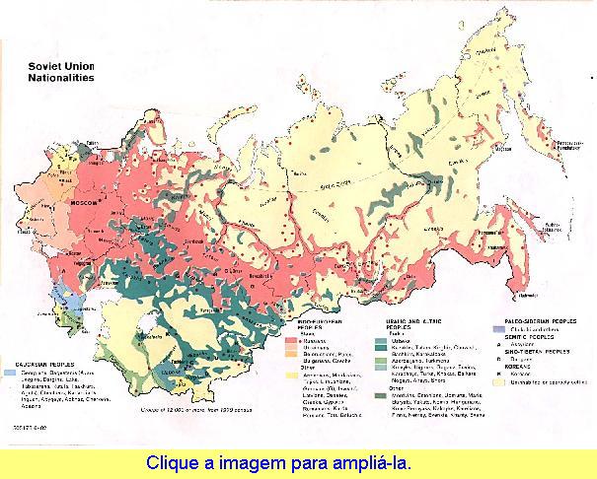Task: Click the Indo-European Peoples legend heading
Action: click(x=320, y=321)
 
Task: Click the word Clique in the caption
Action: click(x=169, y=461)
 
